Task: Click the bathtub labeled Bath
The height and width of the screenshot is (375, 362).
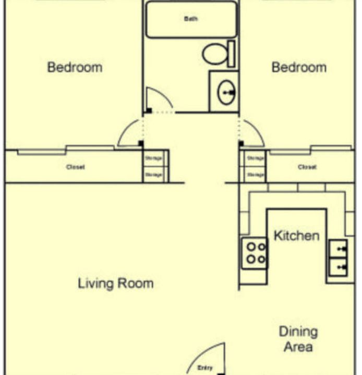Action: point(191,19)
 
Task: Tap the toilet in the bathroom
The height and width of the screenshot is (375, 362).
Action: point(214,54)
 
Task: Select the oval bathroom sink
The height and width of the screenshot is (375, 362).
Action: point(226,93)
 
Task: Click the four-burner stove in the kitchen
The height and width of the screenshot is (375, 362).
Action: point(254,253)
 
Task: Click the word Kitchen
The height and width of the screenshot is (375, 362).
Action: point(296,235)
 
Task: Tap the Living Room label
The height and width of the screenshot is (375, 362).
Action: point(116,284)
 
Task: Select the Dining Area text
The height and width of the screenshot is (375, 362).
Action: point(298,339)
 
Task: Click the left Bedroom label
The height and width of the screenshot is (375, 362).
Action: point(75,67)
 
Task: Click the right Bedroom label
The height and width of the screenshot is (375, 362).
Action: point(299,67)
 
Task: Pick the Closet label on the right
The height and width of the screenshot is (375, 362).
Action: point(307,167)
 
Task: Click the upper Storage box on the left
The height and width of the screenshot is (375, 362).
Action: point(153,158)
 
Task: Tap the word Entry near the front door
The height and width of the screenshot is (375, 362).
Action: point(205,368)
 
